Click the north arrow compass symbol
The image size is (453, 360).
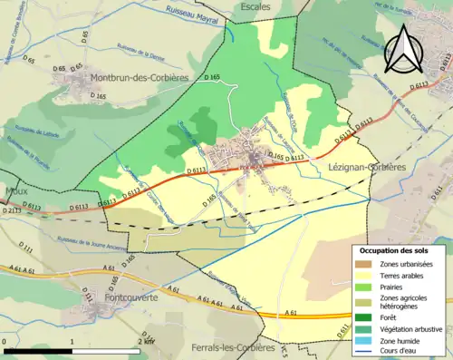click(x=404, y=49)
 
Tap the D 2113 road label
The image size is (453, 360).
click(x=11, y=210)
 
